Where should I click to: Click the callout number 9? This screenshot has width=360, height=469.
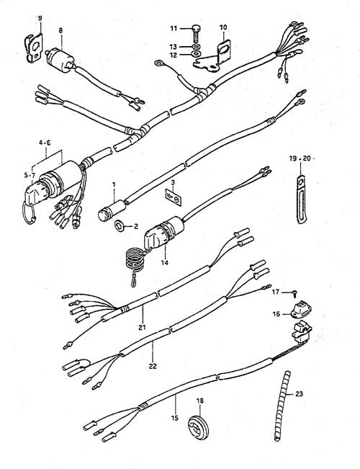[x=40, y=18]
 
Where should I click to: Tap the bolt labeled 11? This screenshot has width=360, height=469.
[x=196, y=33]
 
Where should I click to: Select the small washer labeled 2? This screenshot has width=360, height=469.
[x=120, y=225]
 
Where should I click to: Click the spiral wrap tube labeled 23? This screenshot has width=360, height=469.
[x=282, y=406]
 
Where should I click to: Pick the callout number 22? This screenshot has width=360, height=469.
[x=153, y=366]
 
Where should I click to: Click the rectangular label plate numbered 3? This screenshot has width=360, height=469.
[x=174, y=197]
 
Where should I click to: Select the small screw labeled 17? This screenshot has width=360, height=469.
[x=294, y=293]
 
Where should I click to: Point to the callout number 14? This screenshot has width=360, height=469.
[x=164, y=263]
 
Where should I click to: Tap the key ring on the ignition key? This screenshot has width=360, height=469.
[x=30, y=214]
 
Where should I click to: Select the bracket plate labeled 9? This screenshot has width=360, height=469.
[x=34, y=48]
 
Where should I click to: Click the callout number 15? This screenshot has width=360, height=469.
[x=175, y=418]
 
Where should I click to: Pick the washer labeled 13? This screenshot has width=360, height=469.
[x=196, y=47]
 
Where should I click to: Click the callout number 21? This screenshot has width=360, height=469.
[x=142, y=327]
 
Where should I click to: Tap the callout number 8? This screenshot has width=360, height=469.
[x=60, y=30]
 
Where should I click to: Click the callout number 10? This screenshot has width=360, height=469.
[x=223, y=27]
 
